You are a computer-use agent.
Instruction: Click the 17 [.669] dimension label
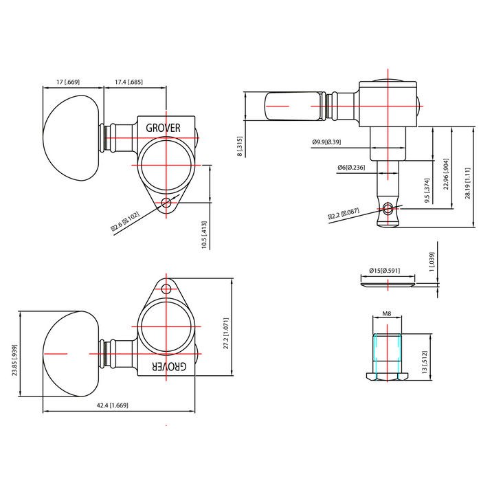point(68,82)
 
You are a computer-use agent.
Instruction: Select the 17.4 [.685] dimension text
point(128,82)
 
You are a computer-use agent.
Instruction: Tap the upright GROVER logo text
point(163,128)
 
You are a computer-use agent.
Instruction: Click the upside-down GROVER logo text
point(169,366)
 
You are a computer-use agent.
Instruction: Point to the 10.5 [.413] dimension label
point(204,235)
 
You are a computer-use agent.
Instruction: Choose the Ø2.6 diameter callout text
point(125,221)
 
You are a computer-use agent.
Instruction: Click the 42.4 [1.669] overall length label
point(112,405)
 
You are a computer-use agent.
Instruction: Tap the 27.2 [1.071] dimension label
point(226,333)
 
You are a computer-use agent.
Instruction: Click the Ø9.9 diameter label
point(326,142)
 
